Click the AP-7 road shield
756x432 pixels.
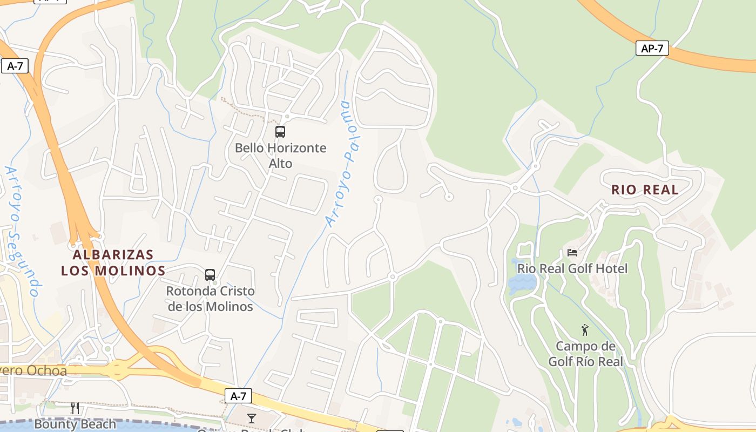click(652, 48)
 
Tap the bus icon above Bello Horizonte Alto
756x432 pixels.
click(280, 131)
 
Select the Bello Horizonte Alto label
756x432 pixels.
click(280, 156)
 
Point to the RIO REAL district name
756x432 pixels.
click(645, 190)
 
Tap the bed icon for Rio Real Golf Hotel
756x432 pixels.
click(572, 252)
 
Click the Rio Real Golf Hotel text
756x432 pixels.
click(572, 268)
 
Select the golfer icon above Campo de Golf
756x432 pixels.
click(585, 330)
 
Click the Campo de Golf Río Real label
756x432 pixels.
click(585, 354)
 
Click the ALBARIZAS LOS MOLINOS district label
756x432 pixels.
click(113, 262)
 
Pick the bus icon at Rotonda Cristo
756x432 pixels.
click(210, 274)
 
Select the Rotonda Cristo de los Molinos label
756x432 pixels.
click(210, 299)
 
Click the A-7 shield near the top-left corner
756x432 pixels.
click(15, 66)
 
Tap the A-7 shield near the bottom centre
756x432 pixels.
click(238, 396)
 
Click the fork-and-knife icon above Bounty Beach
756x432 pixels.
click(75, 408)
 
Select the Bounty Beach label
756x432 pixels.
click(75, 424)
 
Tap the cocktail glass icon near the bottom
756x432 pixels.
click(252, 418)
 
